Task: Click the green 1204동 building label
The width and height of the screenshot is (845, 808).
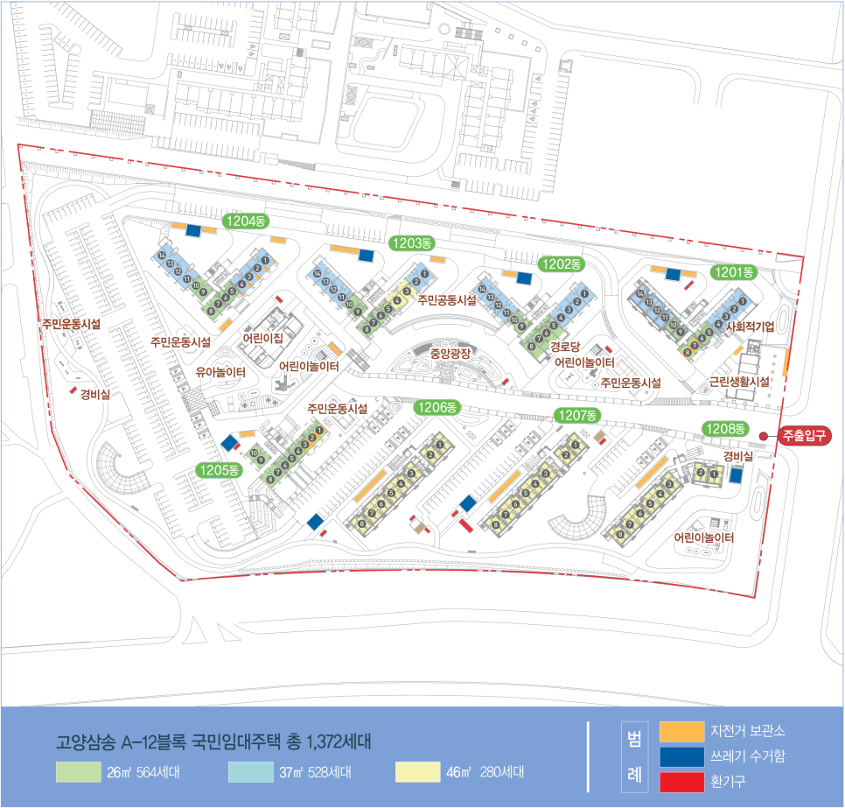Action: point(245,221)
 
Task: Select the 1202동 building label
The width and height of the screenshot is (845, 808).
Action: point(562,263)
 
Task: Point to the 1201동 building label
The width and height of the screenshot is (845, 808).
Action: point(733,272)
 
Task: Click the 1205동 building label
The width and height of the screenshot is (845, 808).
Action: point(220,469)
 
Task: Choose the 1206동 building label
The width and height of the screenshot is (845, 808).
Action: point(436,407)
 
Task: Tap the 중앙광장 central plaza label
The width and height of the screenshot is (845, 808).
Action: point(450,354)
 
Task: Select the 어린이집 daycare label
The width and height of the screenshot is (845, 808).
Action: point(263,337)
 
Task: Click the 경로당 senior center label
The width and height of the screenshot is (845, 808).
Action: point(565,347)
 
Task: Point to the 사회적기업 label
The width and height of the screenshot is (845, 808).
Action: point(744,326)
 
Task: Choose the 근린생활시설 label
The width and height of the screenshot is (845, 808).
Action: point(740,381)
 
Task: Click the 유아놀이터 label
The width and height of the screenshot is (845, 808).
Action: point(220,372)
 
